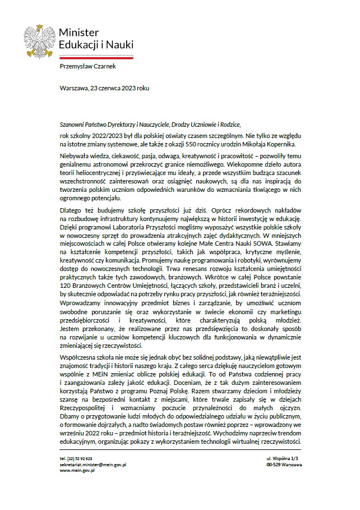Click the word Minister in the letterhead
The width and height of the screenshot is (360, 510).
[x=79, y=33]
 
